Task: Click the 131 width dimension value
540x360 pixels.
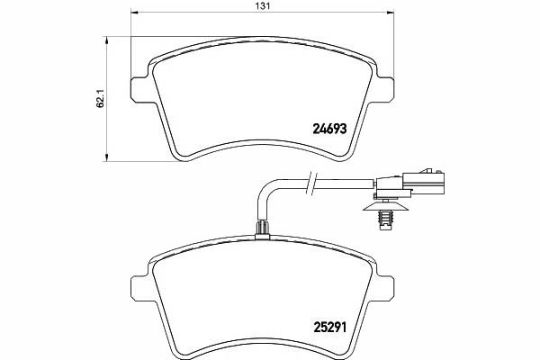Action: pos(262,5)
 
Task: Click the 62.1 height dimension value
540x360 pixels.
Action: pos(100,100)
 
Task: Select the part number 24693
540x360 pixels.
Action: pos(329,129)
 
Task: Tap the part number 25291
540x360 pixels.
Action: pos(329,327)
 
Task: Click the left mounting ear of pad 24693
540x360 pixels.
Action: pos(139,89)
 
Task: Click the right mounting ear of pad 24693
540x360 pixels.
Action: pos(385,89)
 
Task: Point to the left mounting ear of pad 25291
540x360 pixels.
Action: pos(139,288)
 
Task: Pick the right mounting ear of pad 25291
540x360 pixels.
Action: pos(385,288)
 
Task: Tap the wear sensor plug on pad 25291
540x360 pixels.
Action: pos(263,229)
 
